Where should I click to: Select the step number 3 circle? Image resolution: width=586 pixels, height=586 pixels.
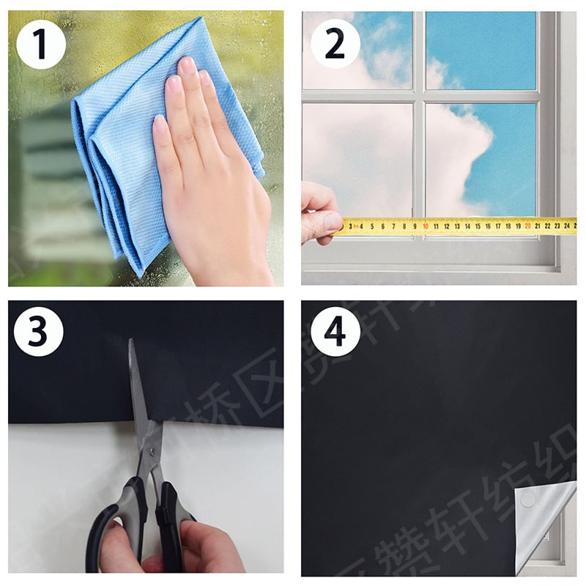coord(38,332)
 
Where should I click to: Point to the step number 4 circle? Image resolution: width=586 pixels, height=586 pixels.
coord(335,332)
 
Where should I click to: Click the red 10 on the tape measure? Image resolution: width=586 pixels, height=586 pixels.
coord(425,226)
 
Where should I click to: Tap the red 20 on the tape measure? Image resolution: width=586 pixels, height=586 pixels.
coord(527,226)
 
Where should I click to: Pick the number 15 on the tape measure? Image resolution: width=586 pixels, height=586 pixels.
coord(476,226)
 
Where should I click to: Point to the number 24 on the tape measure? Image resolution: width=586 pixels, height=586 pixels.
coord(567,226)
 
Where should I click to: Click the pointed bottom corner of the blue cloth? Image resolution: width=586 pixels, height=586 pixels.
coord(140,275)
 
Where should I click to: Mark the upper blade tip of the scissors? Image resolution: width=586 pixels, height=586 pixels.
coord(133,342)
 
